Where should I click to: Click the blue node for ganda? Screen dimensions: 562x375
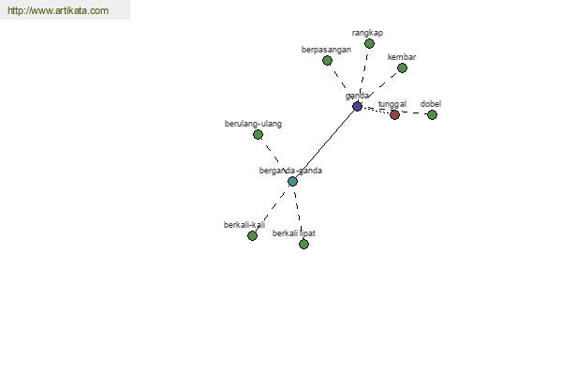(x=357, y=106)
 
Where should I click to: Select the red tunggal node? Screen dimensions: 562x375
(x=394, y=114)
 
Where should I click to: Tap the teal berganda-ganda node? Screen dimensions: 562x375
(x=292, y=181)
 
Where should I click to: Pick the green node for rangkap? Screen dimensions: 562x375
(x=369, y=44)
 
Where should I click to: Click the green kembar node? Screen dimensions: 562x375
(x=402, y=67)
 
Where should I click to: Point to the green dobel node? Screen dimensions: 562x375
(x=432, y=114)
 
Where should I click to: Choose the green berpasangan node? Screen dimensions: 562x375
(x=327, y=61)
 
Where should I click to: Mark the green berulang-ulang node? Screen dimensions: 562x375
(x=259, y=135)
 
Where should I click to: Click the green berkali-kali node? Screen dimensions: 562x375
(x=252, y=235)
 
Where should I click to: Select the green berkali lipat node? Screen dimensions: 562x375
(x=303, y=245)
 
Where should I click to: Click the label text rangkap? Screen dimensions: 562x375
(x=367, y=33)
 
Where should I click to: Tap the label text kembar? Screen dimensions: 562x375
(x=402, y=57)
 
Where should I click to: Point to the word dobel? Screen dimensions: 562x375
(x=431, y=104)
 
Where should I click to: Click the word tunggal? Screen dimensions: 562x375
(x=392, y=104)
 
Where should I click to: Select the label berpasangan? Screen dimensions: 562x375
(x=326, y=50)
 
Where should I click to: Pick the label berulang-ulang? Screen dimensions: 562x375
(x=253, y=124)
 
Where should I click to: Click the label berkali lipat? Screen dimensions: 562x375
(x=294, y=233)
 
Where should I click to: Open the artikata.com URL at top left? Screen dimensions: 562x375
(x=58, y=10)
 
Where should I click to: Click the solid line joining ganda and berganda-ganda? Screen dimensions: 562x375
(x=325, y=143)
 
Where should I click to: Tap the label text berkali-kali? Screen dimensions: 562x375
(x=244, y=225)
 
